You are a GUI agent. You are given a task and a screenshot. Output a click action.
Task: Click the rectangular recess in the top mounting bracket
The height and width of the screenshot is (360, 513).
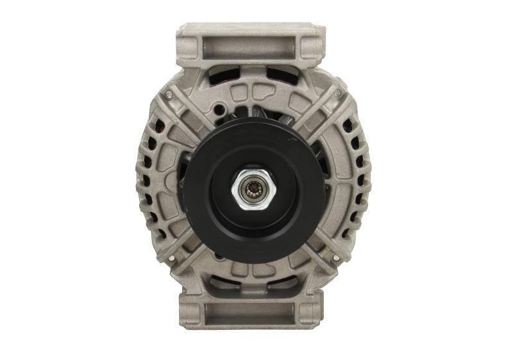click(x=251, y=46)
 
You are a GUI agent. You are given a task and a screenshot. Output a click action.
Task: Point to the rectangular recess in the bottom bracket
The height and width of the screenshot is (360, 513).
click(x=251, y=314)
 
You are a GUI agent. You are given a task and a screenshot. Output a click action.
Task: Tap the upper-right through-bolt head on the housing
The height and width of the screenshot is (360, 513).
click(x=337, y=94)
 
